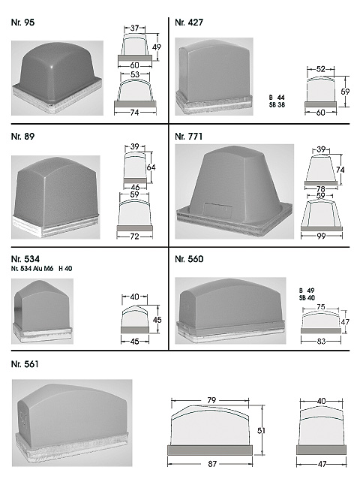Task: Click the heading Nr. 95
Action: [x=22, y=23]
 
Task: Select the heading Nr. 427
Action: [x=189, y=23]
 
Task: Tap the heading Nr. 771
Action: [x=189, y=137]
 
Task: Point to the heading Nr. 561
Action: [x=25, y=364]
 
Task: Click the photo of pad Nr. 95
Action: [x=58, y=78]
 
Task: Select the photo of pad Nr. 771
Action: [x=235, y=191]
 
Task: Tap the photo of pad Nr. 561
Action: [x=72, y=423]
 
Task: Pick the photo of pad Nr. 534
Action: [x=42, y=312]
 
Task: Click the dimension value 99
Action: [x=321, y=236]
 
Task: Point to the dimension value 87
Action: [x=212, y=464]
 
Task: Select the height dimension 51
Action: [x=262, y=430]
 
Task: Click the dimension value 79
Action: [x=211, y=400]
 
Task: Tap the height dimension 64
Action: [x=151, y=167]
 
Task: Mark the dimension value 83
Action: [x=321, y=342]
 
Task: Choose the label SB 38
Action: [x=277, y=105]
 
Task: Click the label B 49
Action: [x=307, y=291]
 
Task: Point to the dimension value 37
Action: [x=134, y=28]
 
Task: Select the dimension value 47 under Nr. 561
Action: [x=322, y=464]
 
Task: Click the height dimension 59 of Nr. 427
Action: [x=345, y=92]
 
